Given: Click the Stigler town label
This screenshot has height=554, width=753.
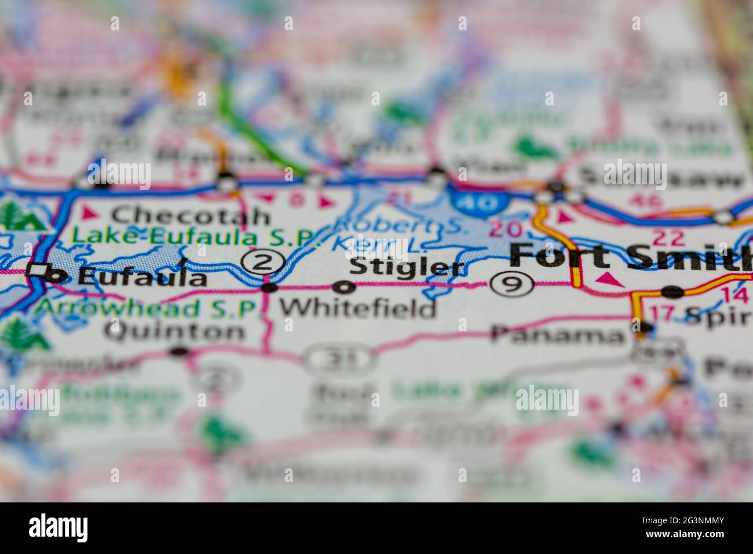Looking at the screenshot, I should point(408,268).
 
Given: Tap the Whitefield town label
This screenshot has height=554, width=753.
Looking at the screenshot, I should point(358,308).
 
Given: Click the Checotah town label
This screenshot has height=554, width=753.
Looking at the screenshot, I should point(191,216).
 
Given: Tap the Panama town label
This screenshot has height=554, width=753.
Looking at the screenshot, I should point(557,334).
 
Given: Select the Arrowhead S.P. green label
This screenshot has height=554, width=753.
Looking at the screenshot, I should point(144,308).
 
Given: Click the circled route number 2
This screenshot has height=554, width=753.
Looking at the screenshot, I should point(264,263).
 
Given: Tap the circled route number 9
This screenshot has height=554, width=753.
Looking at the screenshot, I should point(511,284).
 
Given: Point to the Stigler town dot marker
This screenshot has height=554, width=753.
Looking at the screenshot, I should point(346,286).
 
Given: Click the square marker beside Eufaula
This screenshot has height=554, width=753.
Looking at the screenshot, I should point(38,269).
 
